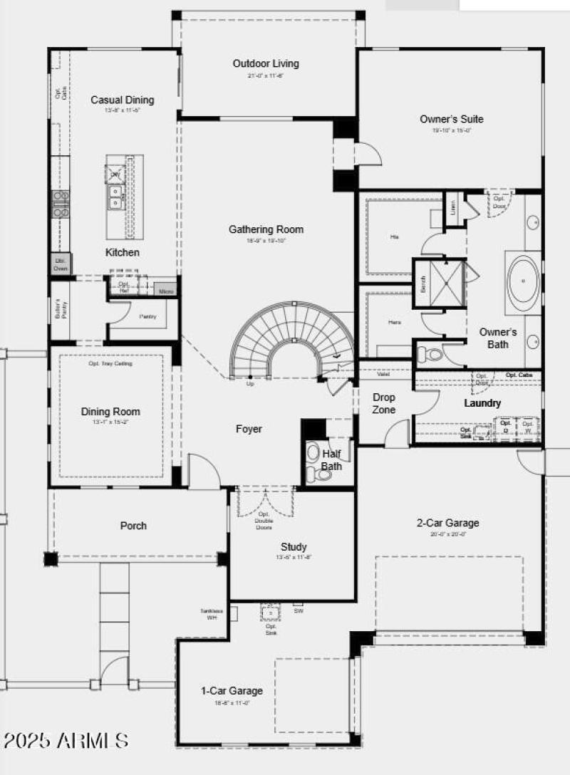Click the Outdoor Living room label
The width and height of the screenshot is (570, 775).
266,63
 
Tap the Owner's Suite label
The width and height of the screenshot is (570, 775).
452,119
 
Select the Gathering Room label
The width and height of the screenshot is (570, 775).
266,229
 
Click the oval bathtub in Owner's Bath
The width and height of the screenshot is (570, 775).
524,281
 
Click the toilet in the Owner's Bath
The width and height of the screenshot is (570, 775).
430,354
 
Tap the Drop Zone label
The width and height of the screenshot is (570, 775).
384,403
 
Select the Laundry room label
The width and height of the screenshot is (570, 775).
482,403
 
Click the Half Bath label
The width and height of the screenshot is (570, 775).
331,460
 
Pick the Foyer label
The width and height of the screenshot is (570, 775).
249,429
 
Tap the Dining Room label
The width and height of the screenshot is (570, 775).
110,412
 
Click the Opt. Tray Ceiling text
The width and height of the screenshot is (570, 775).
110,363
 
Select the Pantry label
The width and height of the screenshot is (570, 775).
148,316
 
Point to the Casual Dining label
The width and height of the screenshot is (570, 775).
122,100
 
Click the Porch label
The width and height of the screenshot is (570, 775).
133,526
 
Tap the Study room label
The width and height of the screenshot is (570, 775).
294,547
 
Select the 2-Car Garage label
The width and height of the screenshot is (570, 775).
447,523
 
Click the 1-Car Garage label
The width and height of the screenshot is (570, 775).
232,690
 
